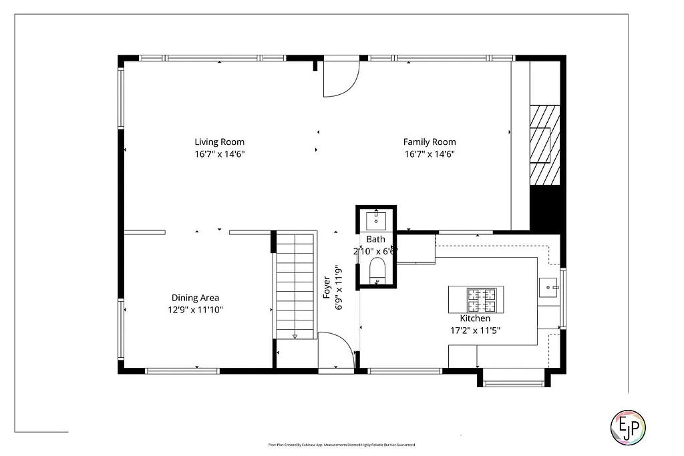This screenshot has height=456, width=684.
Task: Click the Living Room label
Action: (x=219, y=142)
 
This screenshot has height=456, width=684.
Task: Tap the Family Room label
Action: (x=430, y=142)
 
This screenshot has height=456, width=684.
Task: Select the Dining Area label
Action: (x=195, y=298)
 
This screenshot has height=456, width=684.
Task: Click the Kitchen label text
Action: (x=475, y=318)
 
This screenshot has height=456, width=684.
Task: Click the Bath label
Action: (x=375, y=239)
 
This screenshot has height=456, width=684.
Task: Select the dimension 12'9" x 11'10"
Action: (x=195, y=310)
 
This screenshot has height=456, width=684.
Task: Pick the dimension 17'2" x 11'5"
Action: (x=475, y=330)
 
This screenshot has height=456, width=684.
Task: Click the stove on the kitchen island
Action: (x=484, y=300)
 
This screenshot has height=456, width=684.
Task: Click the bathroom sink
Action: (x=376, y=219)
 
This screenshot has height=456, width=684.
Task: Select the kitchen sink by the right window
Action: (x=550, y=287)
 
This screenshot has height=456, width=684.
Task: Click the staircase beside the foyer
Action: (x=295, y=284)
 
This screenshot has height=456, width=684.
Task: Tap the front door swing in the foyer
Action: (x=336, y=350)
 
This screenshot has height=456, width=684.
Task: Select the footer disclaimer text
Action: (x=341, y=445)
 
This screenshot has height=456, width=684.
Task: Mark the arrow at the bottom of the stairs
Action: (x=295, y=336)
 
